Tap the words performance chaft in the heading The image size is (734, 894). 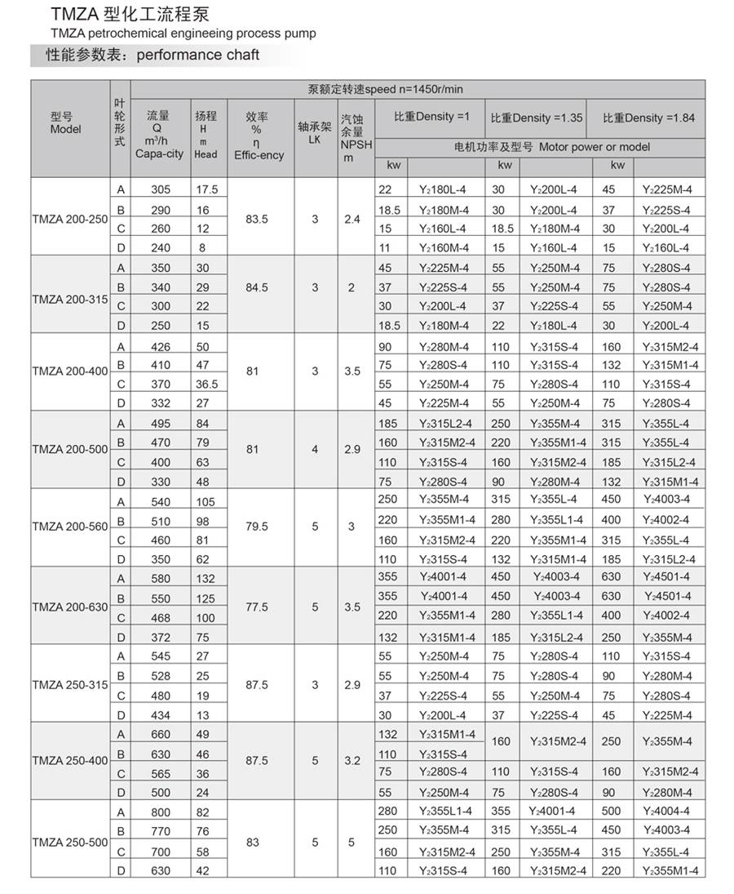coord(198,55)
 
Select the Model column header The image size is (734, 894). coord(65,123)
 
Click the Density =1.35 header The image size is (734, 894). coord(537,118)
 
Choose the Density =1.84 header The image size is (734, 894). coord(649,118)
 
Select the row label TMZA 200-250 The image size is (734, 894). coord(69,219)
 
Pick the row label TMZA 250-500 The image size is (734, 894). coord(69,842)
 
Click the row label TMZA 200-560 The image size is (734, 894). coord(69,527)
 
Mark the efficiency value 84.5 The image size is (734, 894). coord(256,287)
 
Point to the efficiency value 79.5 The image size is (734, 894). coord(256,527)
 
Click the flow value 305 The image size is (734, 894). coord(161,189)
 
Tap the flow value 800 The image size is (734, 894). coord(161,812)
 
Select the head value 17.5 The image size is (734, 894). coord(206,189)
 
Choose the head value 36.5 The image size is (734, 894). coord(206,385)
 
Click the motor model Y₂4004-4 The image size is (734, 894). coord(666,811)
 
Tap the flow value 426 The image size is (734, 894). coord(161,347)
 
